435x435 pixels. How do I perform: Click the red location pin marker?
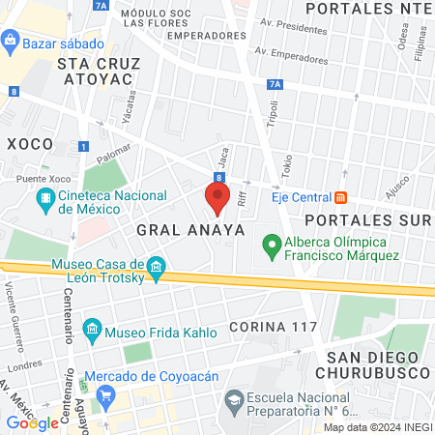click(x=217, y=197)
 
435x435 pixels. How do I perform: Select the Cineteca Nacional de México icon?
click(x=45, y=200)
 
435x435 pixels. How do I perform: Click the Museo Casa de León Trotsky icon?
click(x=157, y=265)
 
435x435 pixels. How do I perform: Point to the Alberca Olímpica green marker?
click(x=272, y=247)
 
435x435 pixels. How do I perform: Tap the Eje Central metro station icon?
click(x=340, y=197)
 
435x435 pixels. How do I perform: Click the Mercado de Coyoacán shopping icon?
click(x=106, y=393)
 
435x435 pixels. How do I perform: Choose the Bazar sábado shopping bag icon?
click(x=10, y=41)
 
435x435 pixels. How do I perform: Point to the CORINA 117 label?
click(x=274, y=325)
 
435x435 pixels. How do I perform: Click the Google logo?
click(x=32, y=422)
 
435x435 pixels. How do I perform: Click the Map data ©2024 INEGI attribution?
click(x=378, y=427)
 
